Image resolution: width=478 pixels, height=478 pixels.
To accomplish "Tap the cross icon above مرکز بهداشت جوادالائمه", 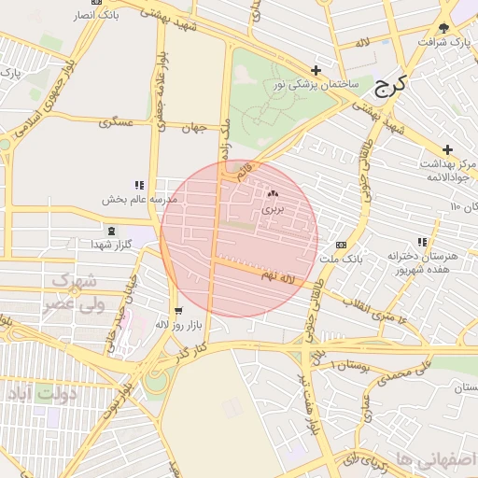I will point(448,149).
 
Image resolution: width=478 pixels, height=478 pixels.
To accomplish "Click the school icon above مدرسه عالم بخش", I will point(139,185).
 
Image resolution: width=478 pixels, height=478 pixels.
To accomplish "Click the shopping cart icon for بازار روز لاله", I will point(177,311).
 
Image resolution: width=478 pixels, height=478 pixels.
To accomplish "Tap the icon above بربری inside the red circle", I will point(273,194).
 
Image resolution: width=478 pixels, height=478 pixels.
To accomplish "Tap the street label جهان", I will point(193,127).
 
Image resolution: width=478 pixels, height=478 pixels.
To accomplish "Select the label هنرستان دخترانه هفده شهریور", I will point(429,262).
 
